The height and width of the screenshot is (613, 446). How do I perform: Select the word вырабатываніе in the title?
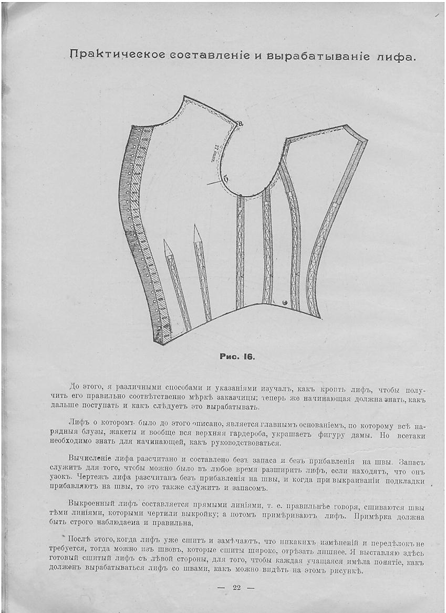[x=311, y=56]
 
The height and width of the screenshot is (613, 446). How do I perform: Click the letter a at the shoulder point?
[x=241, y=124]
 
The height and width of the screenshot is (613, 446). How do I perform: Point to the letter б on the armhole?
[x=225, y=179]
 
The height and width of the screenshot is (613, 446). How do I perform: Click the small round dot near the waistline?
[x=284, y=302]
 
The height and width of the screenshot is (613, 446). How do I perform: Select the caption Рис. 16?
[x=236, y=357]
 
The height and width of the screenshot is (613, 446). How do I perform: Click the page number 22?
[x=236, y=587]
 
